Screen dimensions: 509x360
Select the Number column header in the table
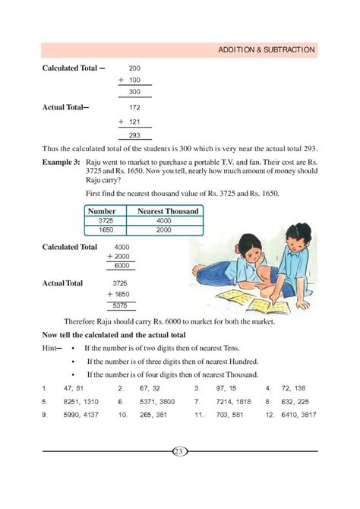pos(101,210)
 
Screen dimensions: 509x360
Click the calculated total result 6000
pos(121,266)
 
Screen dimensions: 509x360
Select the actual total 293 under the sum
pos(134,135)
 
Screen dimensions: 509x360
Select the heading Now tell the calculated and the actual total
pos(114,334)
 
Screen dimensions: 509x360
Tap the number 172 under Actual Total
pos(134,107)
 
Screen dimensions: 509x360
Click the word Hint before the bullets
pos(51,347)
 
